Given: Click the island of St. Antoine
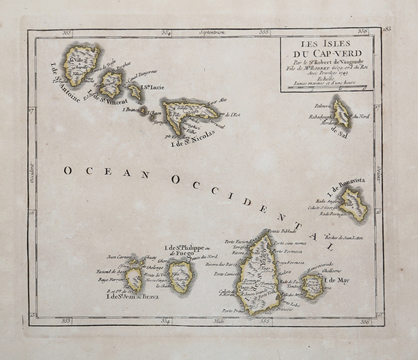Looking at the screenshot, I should [81, 63].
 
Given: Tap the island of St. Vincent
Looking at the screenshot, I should [111, 84].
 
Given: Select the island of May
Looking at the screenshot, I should [313, 285].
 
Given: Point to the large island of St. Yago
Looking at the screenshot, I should [258, 273].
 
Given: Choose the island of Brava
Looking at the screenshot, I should [134, 279].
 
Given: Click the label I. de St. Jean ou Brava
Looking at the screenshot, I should [132, 297].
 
